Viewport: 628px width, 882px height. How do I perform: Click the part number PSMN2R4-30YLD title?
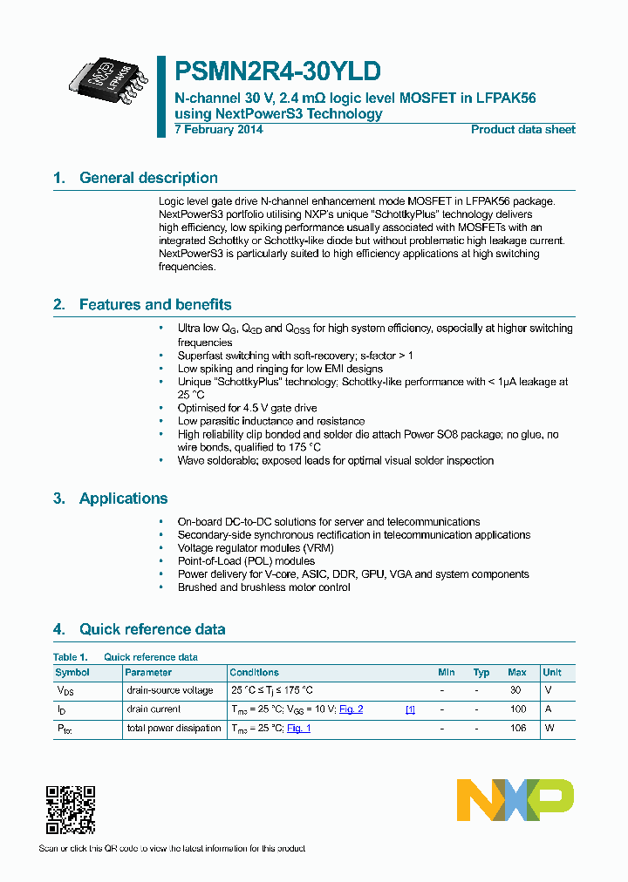tap(277, 71)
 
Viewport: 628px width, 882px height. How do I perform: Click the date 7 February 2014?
tap(218, 130)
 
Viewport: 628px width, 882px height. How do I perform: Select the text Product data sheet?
tap(522, 130)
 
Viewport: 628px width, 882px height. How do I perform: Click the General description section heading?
tap(148, 178)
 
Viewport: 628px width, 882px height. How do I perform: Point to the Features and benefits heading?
tap(155, 304)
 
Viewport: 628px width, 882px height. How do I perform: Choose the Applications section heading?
tap(123, 499)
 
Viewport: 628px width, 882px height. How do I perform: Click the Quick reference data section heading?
tap(152, 629)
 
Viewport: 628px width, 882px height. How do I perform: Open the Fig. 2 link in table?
tap(351, 709)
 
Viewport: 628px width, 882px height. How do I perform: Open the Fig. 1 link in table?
tap(298, 729)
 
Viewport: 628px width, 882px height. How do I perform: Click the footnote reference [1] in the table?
tap(410, 709)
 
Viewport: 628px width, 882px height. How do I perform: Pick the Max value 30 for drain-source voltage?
tap(515, 690)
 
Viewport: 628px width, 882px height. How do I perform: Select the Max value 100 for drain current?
tap(517, 709)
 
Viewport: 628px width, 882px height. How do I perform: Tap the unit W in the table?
tap(549, 729)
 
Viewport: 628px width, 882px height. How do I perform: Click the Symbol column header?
tap(72, 673)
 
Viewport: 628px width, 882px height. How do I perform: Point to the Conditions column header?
tap(254, 673)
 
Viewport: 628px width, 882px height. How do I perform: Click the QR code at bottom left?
tap(70, 810)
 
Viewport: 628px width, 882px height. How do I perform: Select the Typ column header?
tap(481, 673)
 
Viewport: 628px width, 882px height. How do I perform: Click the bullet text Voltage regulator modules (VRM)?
tap(256, 548)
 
